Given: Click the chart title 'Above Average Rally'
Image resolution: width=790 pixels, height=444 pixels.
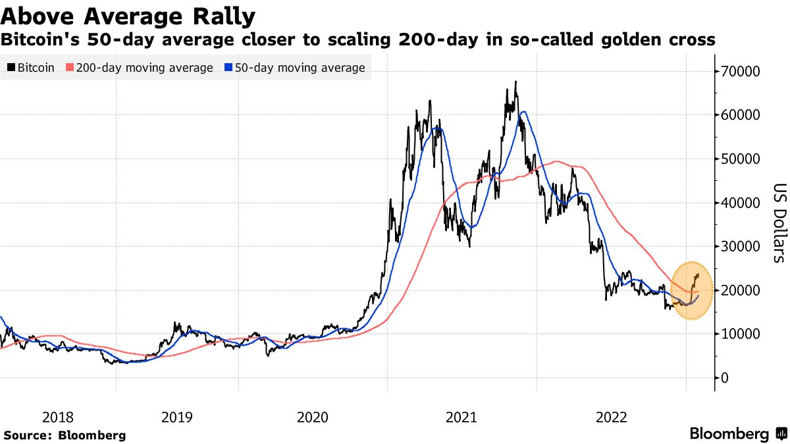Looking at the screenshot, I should pyautogui.click(x=129, y=15).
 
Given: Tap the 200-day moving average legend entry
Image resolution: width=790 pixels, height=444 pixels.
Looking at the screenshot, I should pyautogui.click(x=140, y=68).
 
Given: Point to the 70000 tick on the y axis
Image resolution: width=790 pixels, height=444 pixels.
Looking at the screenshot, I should pyautogui.click(x=743, y=71).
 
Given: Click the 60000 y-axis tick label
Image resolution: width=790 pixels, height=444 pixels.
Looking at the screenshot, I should pyautogui.click(x=743, y=115).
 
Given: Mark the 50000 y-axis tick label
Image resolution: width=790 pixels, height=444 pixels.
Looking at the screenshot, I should pyautogui.click(x=743, y=159).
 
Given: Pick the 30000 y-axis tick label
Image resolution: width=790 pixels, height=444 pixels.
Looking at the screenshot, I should pyautogui.click(x=743, y=246).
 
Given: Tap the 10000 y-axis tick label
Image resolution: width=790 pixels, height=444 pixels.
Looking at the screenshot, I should pyautogui.click(x=743, y=333).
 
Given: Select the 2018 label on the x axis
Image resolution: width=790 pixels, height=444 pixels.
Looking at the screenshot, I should pyautogui.click(x=59, y=416).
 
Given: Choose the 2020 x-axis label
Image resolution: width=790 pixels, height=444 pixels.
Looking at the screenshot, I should pyautogui.click(x=313, y=416).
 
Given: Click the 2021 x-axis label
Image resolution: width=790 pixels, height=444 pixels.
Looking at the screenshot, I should pyautogui.click(x=462, y=416).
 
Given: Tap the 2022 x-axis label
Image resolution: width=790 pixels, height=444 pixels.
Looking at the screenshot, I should pyautogui.click(x=612, y=416).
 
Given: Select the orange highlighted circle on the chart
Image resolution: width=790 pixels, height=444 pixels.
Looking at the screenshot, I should pyautogui.click(x=692, y=290).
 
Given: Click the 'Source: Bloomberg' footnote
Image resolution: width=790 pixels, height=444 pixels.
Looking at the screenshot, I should pyautogui.click(x=65, y=435).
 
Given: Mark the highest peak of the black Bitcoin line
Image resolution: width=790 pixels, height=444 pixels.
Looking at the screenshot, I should pyautogui.click(x=516, y=82).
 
